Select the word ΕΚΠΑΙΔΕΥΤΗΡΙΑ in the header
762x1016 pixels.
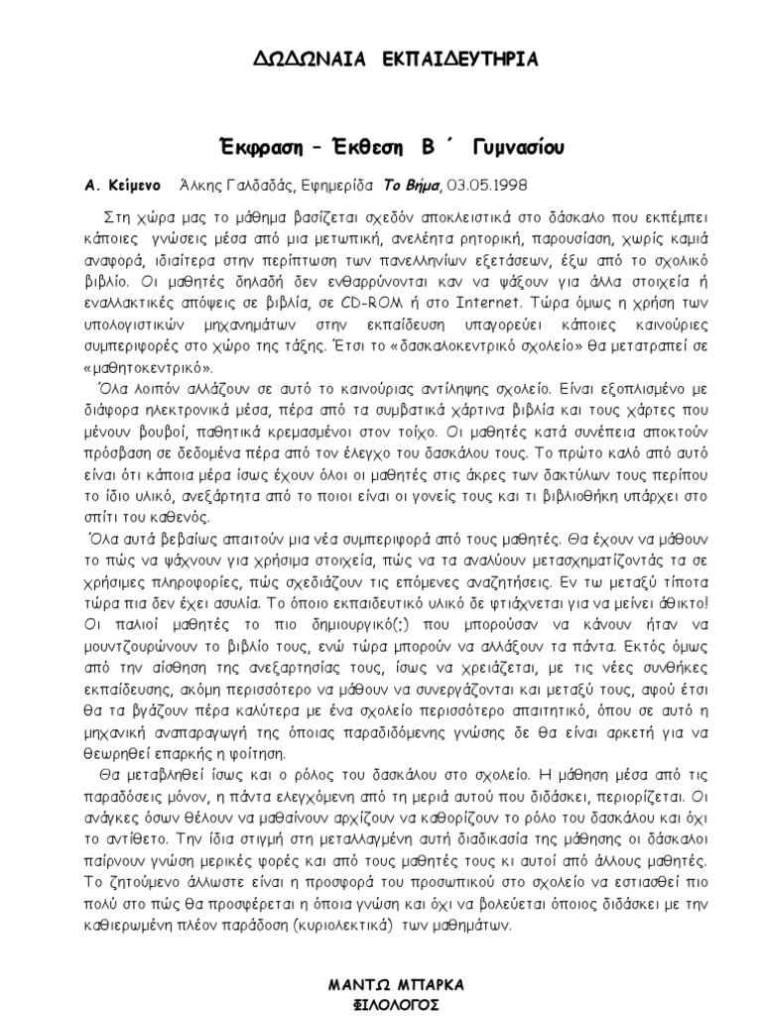[x=458, y=61]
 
